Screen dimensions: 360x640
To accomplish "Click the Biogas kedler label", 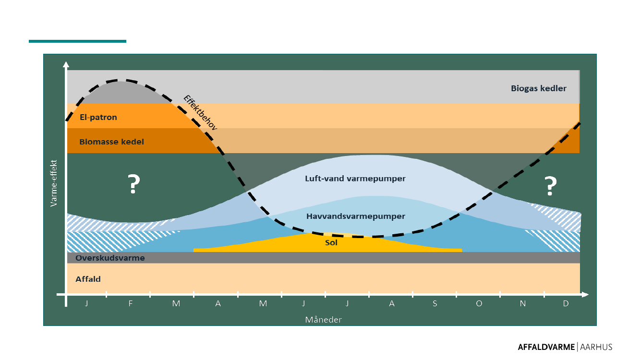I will click(x=538, y=88).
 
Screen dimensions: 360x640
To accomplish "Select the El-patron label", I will click(x=98, y=117).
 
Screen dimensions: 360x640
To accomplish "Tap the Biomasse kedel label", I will click(x=111, y=142).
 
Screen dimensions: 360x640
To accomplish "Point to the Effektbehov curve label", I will click(x=201, y=113).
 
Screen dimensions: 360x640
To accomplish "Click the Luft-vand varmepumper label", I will click(x=355, y=179).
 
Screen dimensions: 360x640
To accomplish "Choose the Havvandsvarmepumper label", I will click(x=355, y=216).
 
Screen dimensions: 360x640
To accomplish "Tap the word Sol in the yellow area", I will click(x=331, y=243).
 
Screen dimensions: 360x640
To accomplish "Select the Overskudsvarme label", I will click(x=110, y=258).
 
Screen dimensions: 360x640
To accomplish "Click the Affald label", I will click(x=88, y=279).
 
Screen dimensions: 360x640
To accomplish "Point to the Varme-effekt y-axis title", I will click(x=54, y=183).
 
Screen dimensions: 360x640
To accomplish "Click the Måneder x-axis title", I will click(x=323, y=319).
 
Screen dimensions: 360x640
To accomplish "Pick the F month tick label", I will click(x=130, y=303).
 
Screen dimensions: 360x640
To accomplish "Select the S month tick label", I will click(x=435, y=303).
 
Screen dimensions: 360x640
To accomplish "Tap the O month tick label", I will click(x=478, y=303).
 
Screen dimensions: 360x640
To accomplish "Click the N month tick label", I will click(x=522, y=303).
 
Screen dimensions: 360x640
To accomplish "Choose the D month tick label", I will click(x=566, y=303).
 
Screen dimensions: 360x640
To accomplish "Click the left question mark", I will click(x=133, y=185).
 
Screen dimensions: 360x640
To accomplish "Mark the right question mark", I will click(x=550, y=186).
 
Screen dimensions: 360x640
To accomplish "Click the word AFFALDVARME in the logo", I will click(x=546, y=347).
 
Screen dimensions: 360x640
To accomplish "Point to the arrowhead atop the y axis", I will click(x=66, y=64).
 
